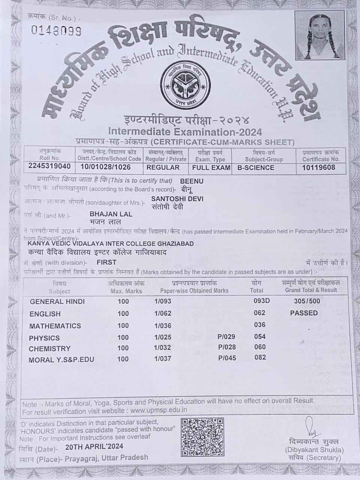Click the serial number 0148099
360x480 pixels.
pos(56,31)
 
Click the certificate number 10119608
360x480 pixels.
pos(318,167)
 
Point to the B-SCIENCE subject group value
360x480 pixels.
pos(256,168)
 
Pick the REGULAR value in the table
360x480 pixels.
pos(163,167)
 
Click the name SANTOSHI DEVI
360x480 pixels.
pos(177,199)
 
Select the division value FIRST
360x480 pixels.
pos(106,262)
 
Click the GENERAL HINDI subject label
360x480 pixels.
pos(57,301)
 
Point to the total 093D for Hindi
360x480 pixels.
pos(261,301)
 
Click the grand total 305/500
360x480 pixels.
pos(307,301)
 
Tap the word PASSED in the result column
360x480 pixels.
pos(304,313)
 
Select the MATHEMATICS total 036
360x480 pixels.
pos(260,325)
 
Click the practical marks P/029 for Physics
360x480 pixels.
pos(226,337)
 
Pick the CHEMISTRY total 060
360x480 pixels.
pos(260,347)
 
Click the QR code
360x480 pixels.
pos(203,437)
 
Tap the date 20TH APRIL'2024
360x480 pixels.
pos(94,447)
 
